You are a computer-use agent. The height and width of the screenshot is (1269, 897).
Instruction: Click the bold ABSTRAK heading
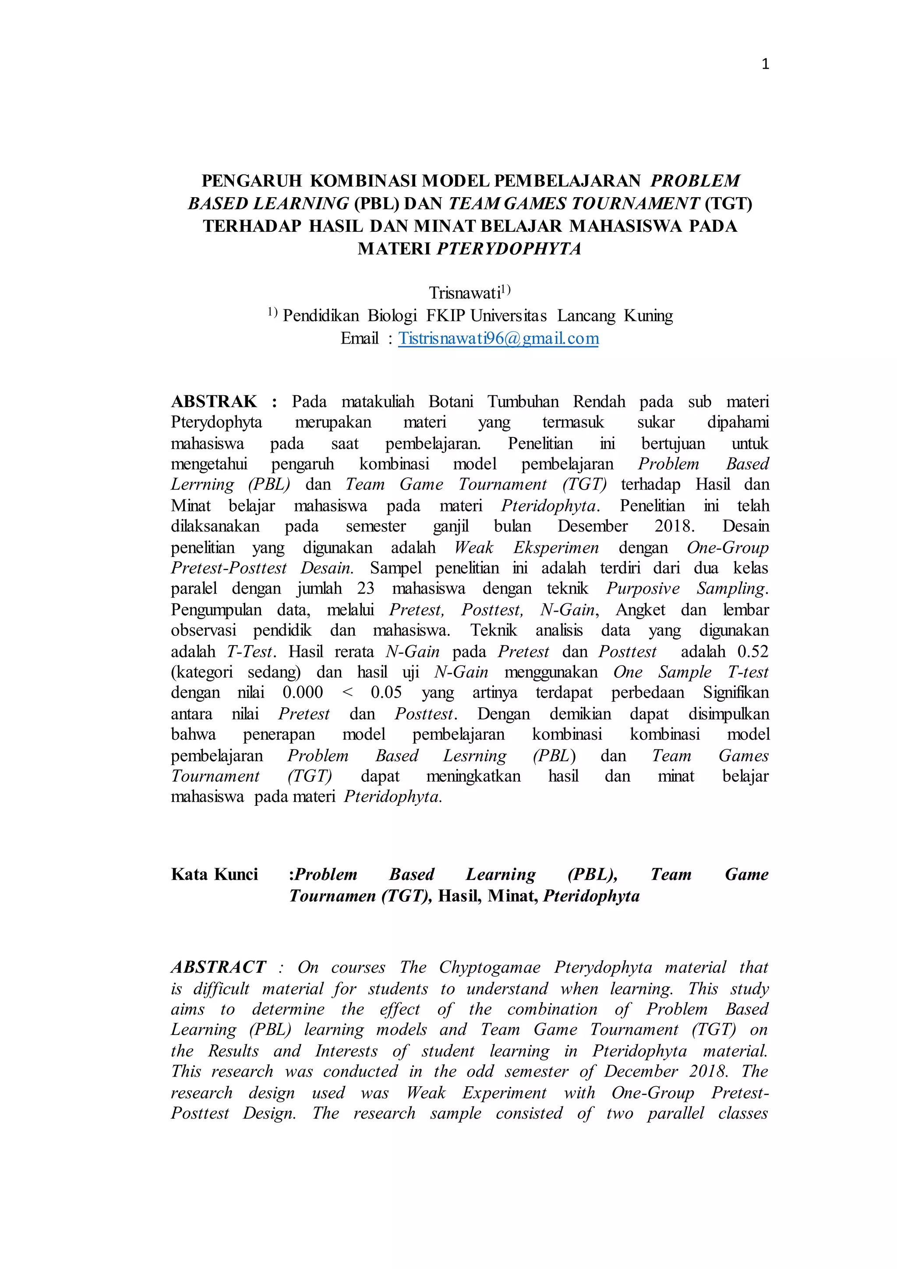click(x=214, y=401)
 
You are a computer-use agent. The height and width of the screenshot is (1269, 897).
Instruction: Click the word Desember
click(x=592, y=526)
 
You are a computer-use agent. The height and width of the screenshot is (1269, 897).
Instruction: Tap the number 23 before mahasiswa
click(x=365, y=588)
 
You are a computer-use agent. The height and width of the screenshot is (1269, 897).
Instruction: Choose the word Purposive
click(x=643, y=588)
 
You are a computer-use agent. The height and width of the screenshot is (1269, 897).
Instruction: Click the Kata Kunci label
click(x=214, y=874)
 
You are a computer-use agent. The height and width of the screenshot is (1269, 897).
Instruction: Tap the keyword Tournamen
click(x=332, y=896)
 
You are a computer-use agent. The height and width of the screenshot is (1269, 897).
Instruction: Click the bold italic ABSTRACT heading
click(x=219, y=967)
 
